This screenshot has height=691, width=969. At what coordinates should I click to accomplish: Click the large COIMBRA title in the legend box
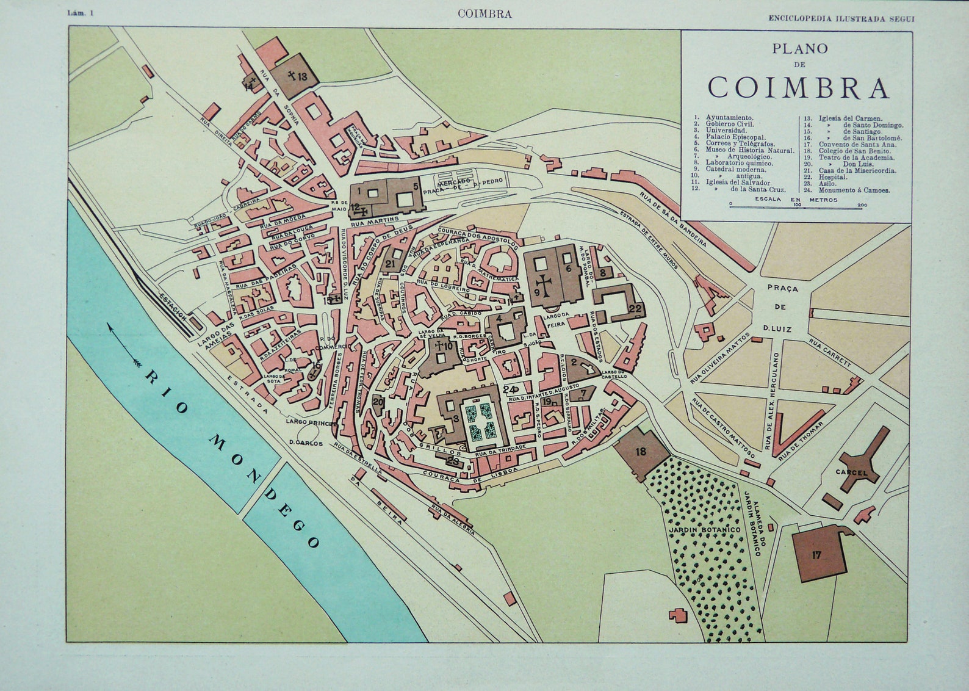click(798, 88)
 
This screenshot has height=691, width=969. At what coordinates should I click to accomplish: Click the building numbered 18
click(641, 451)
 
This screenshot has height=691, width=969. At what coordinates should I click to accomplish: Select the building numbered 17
click(817, 554)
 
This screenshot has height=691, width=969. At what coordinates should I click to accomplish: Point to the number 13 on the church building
click(303, 77)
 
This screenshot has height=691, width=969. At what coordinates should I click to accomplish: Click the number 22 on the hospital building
click(635, 308)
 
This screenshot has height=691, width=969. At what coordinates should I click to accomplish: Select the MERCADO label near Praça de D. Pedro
click(452, 182)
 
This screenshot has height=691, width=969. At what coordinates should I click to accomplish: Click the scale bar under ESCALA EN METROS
click(796, 207)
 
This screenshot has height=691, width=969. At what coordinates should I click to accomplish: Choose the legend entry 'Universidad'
click(726, 131)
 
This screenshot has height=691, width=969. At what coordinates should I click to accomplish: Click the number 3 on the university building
click(456, 418)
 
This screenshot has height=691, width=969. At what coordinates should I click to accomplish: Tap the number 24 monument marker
click(510, 389)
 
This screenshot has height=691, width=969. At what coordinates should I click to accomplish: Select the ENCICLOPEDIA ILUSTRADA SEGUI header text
click(841, 18)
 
